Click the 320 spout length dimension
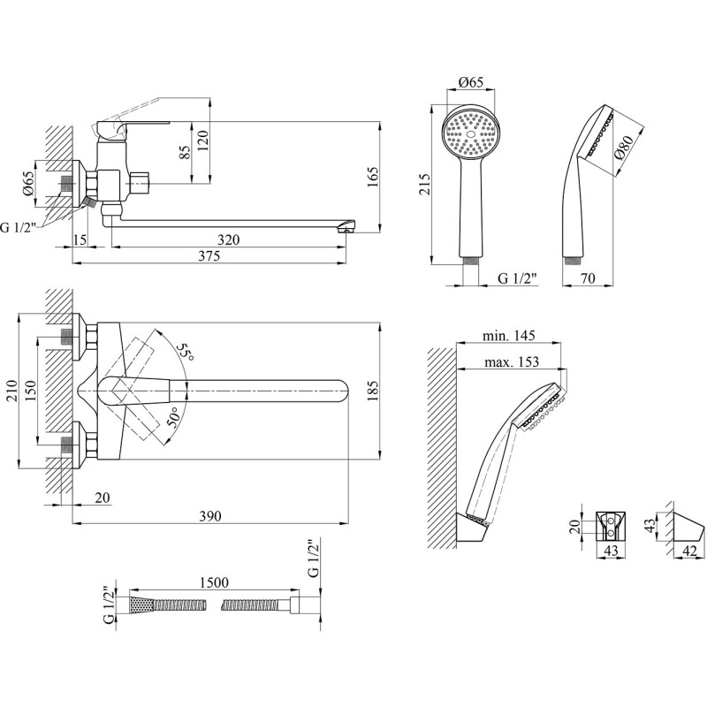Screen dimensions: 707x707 click(x=229, y=239)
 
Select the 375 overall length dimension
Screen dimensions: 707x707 click(x=209, y=256)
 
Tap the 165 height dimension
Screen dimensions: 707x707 click(x=373, y=178)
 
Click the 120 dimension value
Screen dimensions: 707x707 click(x=203, y=141)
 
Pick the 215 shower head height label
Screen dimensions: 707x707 click(x=424, y=184)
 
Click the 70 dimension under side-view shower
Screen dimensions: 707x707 click(x=587, y=278)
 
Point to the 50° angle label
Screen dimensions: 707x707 click(x=172, y=416)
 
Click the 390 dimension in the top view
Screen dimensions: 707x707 click(x=210, y=516)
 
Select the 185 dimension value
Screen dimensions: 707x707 click(x=373, y=392)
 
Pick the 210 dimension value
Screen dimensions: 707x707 click(x=11, y=392)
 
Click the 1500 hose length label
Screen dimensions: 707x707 click(x=213, y=582)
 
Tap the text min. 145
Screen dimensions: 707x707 click(x=509, y=336)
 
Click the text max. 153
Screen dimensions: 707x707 click(x=512, y=361)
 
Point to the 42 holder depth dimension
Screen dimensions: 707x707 click(x=690, y=551)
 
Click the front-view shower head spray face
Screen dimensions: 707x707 click(x=471, y=134)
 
